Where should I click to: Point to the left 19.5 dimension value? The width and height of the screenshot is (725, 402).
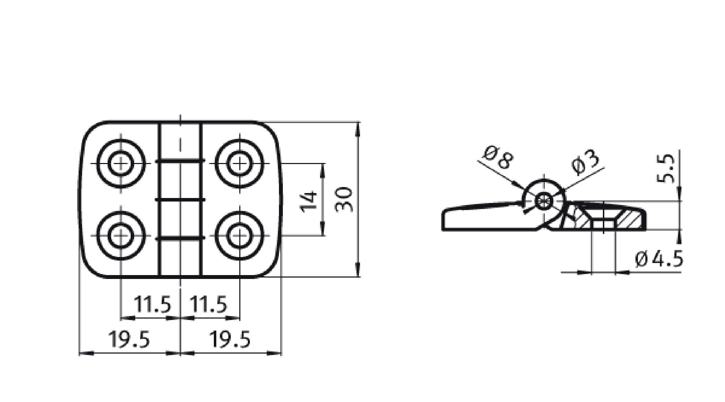pos(129,339)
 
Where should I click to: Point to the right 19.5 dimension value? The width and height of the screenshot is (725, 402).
pos(230,339)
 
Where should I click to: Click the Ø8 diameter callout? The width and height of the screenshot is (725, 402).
pos(498,158)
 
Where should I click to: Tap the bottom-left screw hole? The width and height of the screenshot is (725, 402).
pos(121,235)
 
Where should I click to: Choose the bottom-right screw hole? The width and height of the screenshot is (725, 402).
pos(240,235)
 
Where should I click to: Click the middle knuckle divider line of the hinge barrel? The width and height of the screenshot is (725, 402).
pos(181,200)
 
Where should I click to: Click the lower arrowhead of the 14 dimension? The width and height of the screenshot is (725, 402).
pos(322,228)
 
